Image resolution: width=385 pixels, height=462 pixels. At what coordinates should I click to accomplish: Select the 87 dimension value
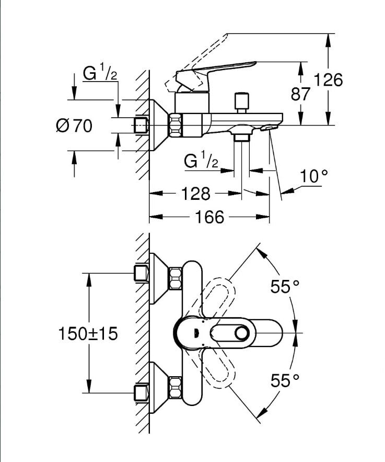click(301, 94)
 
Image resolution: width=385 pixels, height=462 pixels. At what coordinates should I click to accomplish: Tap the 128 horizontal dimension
click(196, 194)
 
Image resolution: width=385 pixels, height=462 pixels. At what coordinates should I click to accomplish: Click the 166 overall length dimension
click(209, 216)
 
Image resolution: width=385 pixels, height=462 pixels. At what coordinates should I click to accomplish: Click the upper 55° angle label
click(284, 287)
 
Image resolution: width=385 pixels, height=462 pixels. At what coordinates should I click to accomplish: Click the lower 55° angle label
click(284, 381)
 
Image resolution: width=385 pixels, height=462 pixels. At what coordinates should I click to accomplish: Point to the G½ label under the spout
click(201, 161)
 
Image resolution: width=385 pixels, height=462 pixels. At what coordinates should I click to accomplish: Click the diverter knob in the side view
click(241, 100)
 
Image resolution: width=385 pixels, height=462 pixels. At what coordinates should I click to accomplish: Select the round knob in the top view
click(242, 333)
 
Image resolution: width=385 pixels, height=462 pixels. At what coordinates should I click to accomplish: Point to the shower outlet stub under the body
click(241, 138)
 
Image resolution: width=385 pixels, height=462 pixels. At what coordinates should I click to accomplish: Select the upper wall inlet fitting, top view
click(141, 273)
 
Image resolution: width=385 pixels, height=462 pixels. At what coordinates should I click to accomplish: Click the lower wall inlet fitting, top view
click(141, 392)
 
